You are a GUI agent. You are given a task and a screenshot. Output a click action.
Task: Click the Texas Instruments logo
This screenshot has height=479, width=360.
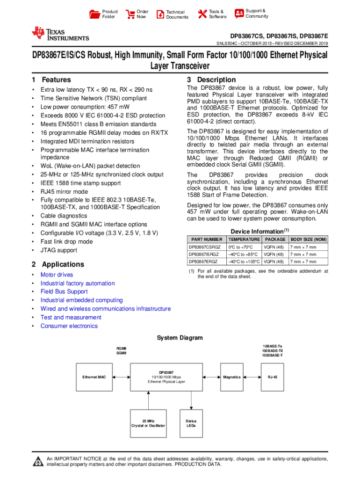click(60, 34)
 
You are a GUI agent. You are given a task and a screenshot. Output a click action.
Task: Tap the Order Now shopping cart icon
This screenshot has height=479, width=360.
click(130, 14)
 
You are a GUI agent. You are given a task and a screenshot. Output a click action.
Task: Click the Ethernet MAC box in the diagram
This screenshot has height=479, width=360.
click(94, 377)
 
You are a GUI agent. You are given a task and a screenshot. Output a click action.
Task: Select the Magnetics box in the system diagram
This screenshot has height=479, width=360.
click(232, 377)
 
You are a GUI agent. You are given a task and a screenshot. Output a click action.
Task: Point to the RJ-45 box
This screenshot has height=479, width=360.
click(273, 377)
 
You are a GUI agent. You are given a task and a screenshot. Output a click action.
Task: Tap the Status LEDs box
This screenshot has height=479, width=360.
click(191, 423)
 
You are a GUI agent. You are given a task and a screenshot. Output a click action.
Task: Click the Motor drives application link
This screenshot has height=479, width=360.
click(57, 275)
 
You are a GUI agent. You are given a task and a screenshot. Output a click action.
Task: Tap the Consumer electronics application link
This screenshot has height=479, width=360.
click(69, 326)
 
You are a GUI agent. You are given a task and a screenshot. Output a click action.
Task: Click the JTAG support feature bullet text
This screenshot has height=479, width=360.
click(59, 250)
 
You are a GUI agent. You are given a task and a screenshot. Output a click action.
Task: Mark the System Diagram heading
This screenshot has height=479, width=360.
click(180, 338)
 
